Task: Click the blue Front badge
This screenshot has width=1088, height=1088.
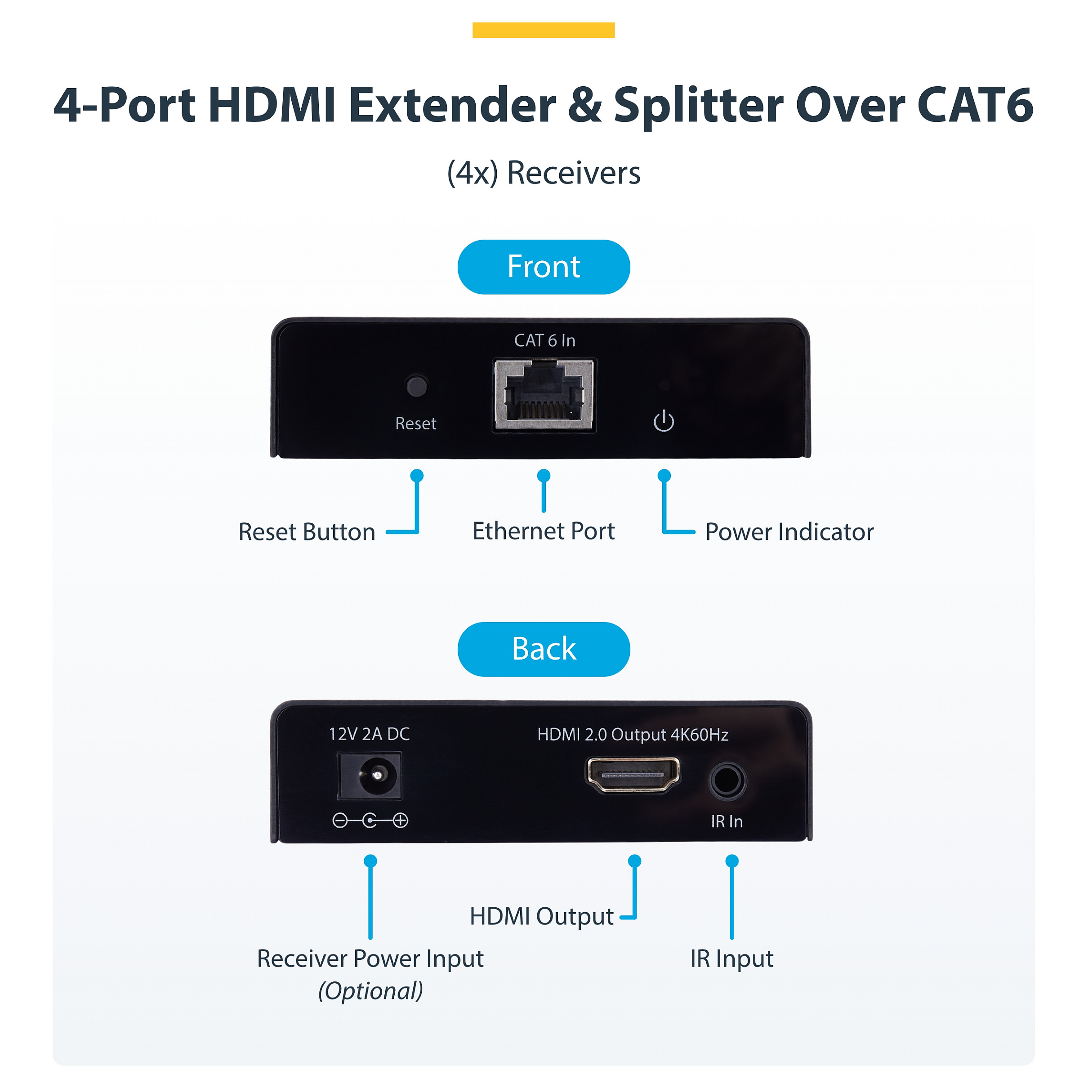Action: (544, 267)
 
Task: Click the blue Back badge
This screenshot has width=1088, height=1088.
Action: (544, 649)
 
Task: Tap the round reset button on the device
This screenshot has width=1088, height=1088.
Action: (417, 386)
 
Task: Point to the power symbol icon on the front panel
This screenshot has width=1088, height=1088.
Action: (664, 421)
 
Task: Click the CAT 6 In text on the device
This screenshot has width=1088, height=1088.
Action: (544, 341)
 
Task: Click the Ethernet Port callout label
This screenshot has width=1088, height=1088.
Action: (544, 531)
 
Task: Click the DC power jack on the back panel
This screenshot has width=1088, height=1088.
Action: (370, 776)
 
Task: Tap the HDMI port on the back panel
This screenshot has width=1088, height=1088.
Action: (633, 775)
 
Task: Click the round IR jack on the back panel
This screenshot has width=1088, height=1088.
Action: (727, 780)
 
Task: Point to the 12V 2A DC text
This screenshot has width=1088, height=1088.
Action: (370, 734)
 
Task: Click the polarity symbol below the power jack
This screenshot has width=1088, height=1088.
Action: (370, 820)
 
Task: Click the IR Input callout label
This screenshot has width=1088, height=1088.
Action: (731, 959)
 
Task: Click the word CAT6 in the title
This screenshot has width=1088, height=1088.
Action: (975, 105)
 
